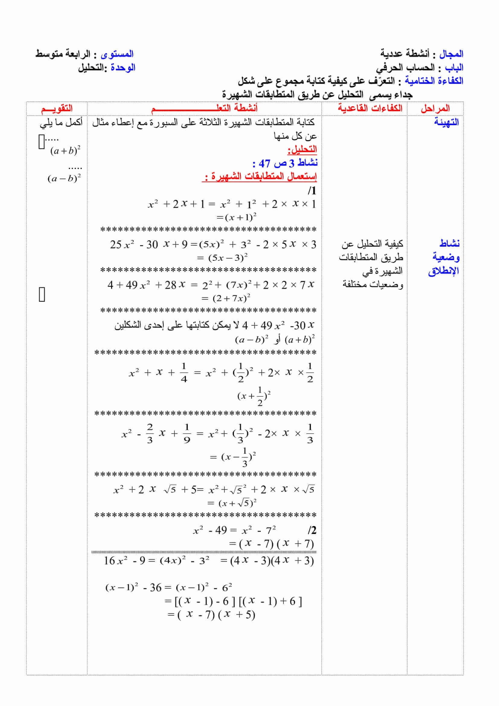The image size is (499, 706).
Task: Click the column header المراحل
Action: coord(435,108)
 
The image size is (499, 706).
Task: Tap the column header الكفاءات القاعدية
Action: coord(370,108)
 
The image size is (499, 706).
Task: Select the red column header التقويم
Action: coord(57,108)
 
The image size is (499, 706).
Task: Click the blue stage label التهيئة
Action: coord(446,122)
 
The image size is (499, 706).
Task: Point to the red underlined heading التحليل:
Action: coord(302,149)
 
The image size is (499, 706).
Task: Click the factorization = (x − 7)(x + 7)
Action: coord(271,544)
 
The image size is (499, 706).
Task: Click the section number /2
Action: coord(312,530)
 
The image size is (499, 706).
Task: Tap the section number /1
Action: coord(312,191)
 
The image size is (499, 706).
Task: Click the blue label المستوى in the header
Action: coord(117,54)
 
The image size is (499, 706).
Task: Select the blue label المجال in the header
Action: coord(451,54)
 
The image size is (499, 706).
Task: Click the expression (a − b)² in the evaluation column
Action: coord(64,178)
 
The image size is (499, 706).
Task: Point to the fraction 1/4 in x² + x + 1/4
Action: coord(184,372)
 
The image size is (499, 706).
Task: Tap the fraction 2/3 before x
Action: coord(150,433)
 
